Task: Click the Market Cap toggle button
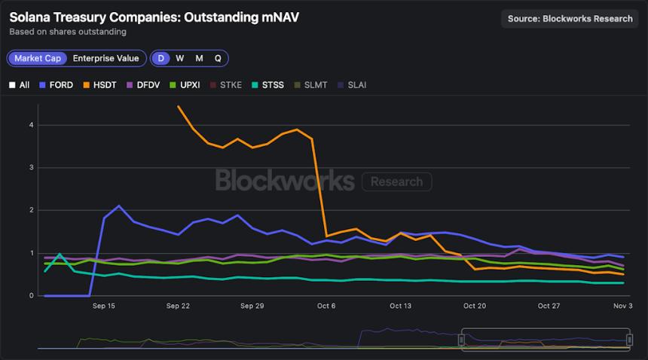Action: click(38, 58)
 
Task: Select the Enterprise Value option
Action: click(105, 58)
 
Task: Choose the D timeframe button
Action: click(160, 58)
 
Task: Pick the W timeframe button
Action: click(179, 58)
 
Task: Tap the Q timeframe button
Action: click(218, 58)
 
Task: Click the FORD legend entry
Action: click(56, 85)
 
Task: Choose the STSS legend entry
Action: click(267, 85)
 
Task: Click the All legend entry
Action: click(20, 85)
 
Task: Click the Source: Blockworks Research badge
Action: click(570, 19)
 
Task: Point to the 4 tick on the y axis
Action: click(31, 125)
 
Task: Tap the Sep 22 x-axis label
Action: click(178, 307)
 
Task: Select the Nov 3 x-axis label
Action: click(622, 307)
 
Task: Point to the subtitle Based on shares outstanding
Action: click(68, 32)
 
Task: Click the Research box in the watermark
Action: click(396, 182)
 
